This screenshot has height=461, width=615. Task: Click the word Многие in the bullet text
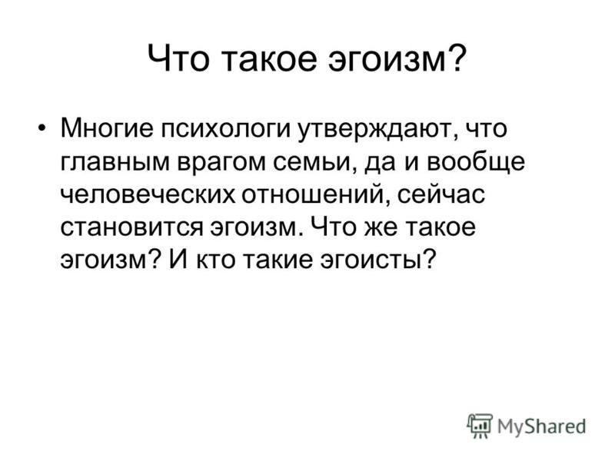(x=107, y=128)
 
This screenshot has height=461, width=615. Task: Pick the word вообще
(x=476, y=161)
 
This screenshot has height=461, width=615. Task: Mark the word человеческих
(x=148, y=195)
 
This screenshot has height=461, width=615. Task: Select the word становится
(x=131, y=227)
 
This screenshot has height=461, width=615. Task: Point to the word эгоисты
(x=377, y=260)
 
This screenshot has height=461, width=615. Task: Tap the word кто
(x=217, y=260)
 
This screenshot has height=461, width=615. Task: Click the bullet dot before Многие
(x=42, y=128)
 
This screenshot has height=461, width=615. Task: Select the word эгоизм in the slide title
(x=387, y=59)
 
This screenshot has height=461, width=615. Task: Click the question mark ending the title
(x=457, y=57)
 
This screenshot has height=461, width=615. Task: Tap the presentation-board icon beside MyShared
(x=480, y=426)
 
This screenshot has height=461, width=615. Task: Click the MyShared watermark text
(x=541, y=427)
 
